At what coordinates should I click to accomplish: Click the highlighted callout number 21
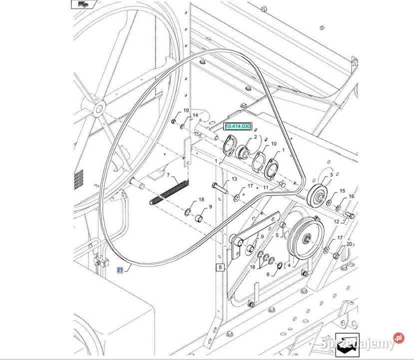[x=120, y=270]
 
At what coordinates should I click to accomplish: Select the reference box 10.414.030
[x=238, y=127]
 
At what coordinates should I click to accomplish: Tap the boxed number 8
[x=220, y=267]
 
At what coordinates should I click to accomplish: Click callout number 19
[x=186, y=110]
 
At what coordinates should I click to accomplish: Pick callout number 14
[x=195, y=115]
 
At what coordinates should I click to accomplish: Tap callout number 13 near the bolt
[x=234, y=179]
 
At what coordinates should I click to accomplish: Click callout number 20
[x=350, y=243]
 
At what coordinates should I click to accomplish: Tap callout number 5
[x=277, y=234]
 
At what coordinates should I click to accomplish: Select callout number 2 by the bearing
[x=255, y=136]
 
